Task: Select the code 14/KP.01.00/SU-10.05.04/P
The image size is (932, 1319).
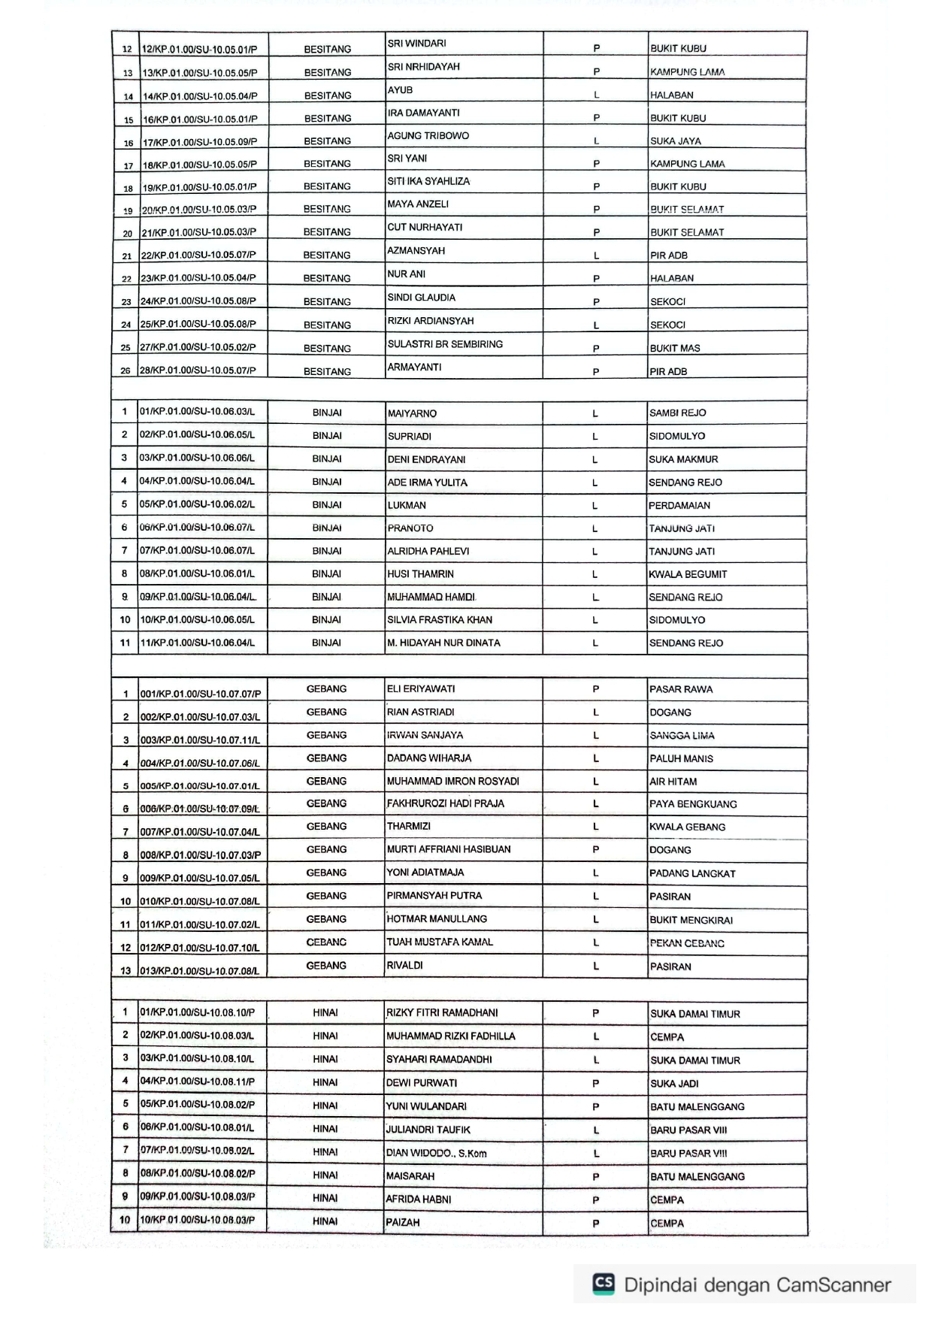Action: coord(200,96)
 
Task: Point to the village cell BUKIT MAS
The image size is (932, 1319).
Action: coord(675,349)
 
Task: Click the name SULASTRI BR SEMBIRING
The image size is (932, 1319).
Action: coord(445,344)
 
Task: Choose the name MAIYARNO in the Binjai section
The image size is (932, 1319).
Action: coord(412,413)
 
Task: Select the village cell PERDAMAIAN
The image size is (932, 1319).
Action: coord(679,506)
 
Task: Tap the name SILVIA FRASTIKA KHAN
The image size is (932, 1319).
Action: coord(440,620)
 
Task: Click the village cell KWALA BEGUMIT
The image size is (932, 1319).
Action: coord(688,574)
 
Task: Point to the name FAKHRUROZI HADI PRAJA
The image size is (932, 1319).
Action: coord(445,803)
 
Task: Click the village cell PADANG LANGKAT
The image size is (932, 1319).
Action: coord(692,873)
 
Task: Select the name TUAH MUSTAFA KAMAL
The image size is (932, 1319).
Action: coord(440,942)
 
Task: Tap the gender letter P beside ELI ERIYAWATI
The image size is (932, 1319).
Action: coord(595,689)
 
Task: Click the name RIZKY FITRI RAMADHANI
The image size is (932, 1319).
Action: coord(442,1013)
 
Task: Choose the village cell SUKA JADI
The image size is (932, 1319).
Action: coord(674,1084)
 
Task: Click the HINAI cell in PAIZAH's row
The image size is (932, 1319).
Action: coord(325,1221)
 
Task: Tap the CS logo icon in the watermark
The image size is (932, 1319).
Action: coord(604,1284)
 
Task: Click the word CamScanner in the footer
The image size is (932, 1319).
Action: coord(834,1285)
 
